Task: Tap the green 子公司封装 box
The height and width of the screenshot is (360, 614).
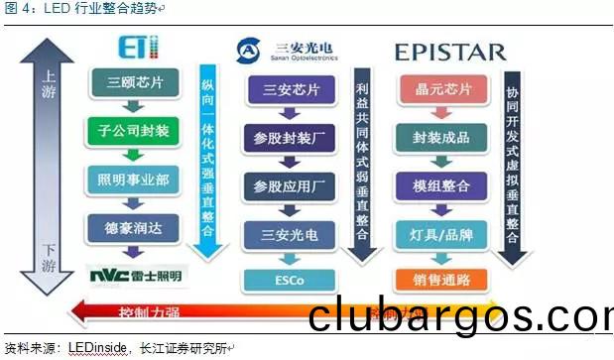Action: tap(133, 130)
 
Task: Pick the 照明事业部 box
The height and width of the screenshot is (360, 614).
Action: tap(133, 180)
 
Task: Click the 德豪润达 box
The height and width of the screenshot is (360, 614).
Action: tap(133, 227)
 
